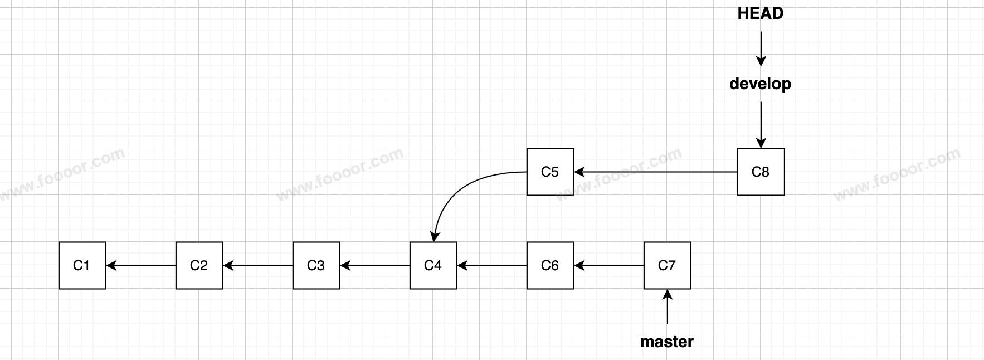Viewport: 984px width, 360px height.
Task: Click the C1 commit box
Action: pos(82,265)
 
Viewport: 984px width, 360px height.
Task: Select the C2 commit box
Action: pos(199,265)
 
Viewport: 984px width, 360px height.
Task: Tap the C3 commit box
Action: pos(316,265)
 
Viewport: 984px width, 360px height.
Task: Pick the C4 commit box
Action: pos(433,265)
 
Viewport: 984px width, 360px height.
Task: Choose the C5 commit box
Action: pos(550,172)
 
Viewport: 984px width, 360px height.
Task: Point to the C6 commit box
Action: pos(550,265)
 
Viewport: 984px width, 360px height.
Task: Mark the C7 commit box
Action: pos(667,265)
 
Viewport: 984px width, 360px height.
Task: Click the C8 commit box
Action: pos(761,172)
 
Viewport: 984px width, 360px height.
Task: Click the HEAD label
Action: pos(761,13)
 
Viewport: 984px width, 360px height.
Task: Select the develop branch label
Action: pos(761,84)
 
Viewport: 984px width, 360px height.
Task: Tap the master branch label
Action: pos(667,342)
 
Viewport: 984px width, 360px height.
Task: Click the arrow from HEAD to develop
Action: pos(761,49)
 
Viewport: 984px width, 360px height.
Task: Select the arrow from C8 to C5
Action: pos(655,172)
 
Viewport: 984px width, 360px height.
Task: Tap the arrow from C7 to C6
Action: pos(608,265)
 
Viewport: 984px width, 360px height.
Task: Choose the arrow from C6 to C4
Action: pos(491,265)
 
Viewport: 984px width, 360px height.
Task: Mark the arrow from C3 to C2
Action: pos(257,265)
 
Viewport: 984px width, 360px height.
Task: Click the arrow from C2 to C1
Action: pos(140,265)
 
